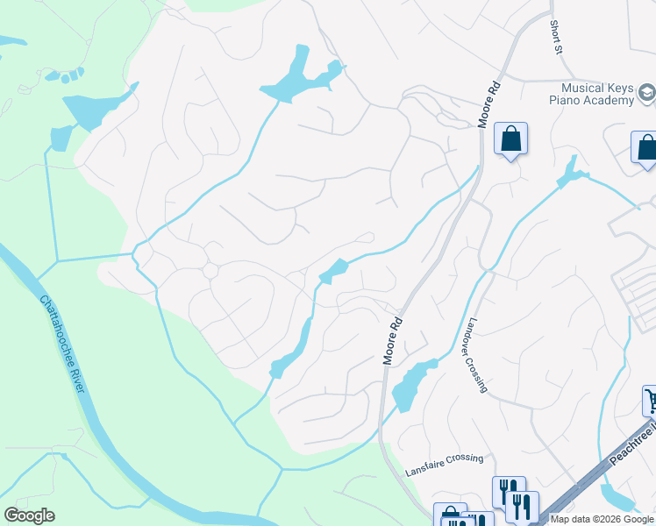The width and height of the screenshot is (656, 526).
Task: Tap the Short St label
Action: point(556,39)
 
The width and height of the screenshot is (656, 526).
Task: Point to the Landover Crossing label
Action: point(478,354)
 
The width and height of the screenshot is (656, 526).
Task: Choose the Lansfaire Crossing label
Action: point(444,466)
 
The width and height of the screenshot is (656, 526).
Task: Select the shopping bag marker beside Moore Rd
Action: point(510,139)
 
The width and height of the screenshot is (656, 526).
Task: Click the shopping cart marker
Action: point(650,401)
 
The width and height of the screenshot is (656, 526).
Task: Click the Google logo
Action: point(29,515)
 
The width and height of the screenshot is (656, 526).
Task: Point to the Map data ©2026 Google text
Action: point(601,519)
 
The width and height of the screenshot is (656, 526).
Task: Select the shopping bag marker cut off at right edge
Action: point(645,148)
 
